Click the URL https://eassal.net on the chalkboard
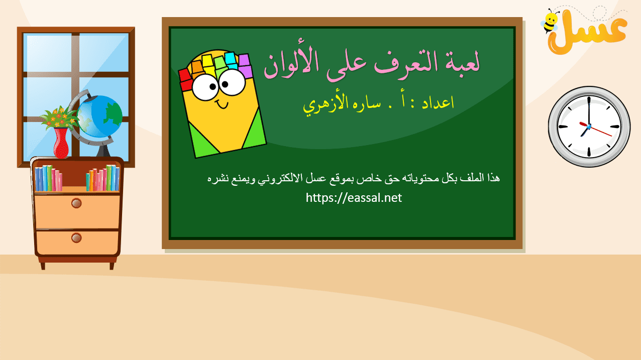(x=354, y=198)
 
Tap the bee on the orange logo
(x=550, y=21)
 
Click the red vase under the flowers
(x=61, y=143)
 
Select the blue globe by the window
(x=99, y=116)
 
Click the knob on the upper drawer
(x=76, y=203)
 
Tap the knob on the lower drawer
(x=76, y=237)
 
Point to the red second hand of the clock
(x=596, y=129)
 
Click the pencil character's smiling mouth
(x=222, y=104)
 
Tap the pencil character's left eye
(x=205, y=87)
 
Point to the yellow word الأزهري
(x=326, y=104)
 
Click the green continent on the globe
(x=114, y=114)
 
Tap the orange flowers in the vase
(x=59, y=117)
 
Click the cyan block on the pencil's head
(x=231, y=60)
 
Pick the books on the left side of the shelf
(x=48, y=178)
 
